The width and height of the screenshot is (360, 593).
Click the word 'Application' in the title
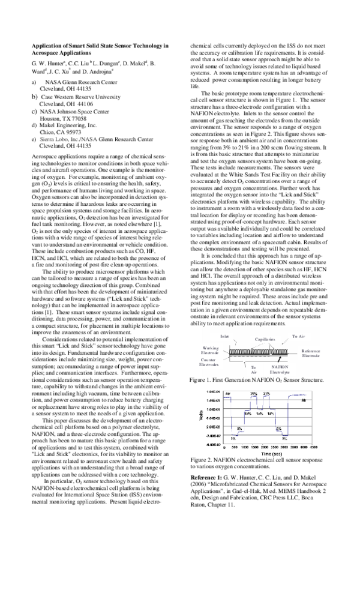tap(46, 46)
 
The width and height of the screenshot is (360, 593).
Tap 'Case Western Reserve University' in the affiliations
tap(80, 96)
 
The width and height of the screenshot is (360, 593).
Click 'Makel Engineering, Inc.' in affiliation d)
tap(68, 125)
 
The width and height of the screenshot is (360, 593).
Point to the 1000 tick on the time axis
tap(245, 447)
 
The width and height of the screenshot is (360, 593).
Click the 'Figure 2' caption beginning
tap(202, 459)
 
